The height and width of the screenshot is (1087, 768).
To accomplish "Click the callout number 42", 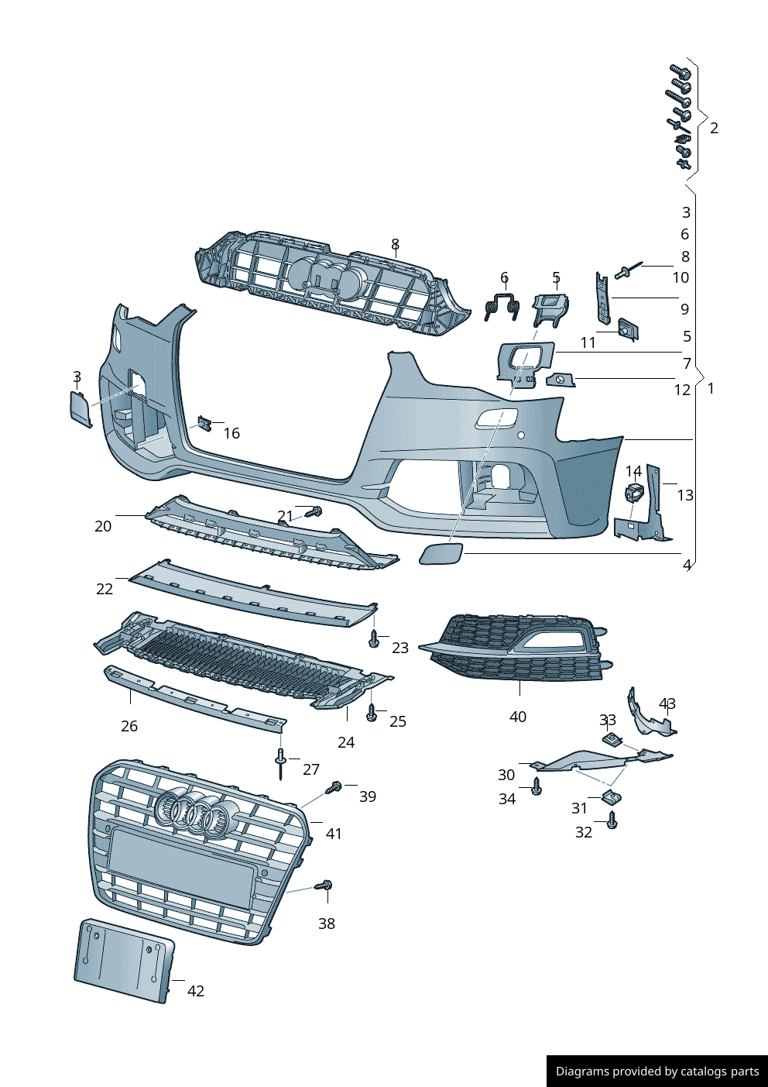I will click(196, 991).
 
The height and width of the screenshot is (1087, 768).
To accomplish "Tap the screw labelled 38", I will click(325, 885).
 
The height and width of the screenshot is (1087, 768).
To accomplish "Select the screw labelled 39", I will click(335, 787).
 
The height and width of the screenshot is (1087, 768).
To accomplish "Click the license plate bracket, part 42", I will click(124, 960).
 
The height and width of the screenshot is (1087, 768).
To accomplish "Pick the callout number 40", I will click(517, 717).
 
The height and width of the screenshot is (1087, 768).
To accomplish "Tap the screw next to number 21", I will click(314, 512).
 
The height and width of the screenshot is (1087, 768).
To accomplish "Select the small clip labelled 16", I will click(204, 424).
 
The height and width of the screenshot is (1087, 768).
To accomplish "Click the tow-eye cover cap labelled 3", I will click(81, 408).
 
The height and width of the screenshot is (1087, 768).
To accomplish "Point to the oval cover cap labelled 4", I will click(441, 554).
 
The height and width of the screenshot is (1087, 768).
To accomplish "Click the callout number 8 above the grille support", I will click(395, 245).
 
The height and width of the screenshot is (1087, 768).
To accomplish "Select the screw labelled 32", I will click(612, 822).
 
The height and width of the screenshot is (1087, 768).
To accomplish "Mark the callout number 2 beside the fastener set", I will click(714, 128).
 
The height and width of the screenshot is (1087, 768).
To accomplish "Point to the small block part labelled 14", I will click(635, 492).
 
